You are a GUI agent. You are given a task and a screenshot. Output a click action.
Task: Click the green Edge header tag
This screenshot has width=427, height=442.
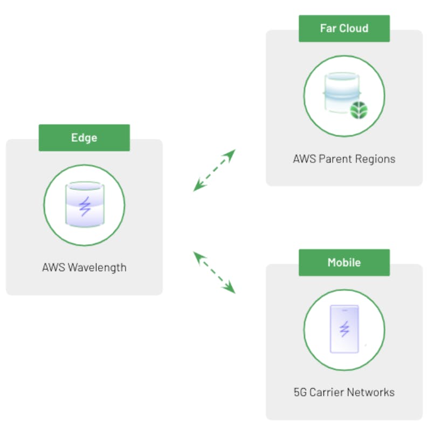pyautogui.click(x=84, y=137)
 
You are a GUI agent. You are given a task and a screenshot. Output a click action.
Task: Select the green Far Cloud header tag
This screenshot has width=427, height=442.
pyautogui.click(x=344, y=28)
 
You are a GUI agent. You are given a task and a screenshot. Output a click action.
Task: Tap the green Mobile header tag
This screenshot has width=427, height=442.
pyautogui.click(x=344, y=263)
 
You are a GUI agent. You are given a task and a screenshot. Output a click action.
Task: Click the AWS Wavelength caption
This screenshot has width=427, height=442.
pyautogui.click(x=84, y=267)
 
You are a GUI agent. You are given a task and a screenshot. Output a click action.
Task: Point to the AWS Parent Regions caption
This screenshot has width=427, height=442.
pyautogui.click(x=344, y=159)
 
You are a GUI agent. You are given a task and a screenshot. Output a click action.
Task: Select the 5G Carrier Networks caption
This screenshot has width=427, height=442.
pyautogui.click(x=344, y=392)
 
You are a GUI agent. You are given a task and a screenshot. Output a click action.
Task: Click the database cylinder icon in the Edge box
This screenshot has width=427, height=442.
pyautogui.click(x=84, y=205)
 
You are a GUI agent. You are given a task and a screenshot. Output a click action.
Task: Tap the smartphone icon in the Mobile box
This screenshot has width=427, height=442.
pyautogui.click(x=344, y=329)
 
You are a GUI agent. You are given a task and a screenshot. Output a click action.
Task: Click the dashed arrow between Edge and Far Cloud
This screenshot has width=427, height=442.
pyautogui.click(x=215, y=170)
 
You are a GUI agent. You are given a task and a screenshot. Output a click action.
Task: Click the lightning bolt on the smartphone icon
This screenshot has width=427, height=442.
pyautogui.click(x=344, y=329)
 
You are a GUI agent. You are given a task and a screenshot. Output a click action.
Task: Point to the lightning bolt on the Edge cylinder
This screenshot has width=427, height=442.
pyautogui.click(x=84, y=206)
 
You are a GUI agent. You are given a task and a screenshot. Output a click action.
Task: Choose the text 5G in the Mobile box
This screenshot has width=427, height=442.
pyautogui.click(x=300, y=392)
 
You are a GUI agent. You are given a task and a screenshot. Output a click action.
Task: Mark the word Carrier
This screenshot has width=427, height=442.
pyautogui.click(x=329, y=392)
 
